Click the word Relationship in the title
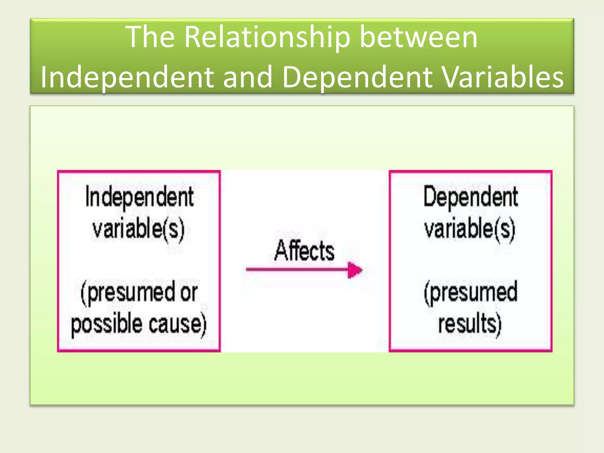tap(267, 37)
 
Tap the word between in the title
tap(418, 37)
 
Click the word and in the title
tap(247, 77)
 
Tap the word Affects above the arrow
tap(304, 251)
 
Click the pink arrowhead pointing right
tap(355, 270)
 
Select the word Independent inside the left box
tap(139, 198)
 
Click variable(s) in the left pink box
tap(138, 229)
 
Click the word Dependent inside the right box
tap(471, 197)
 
